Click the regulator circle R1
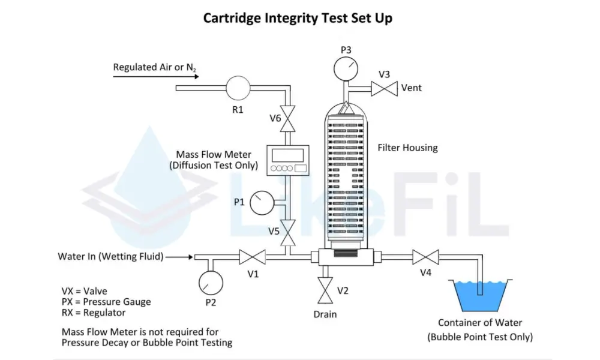(x=238, y=88)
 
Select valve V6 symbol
(x=288, y=119)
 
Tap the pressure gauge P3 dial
(x=346, y=69)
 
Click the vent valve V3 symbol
(x=385, y=89)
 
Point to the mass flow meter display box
(x=288, y=160)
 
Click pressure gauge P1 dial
(x=262, y=203)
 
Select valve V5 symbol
(x=288, y=233)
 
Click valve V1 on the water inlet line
(x=253, y=257)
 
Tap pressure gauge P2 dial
(x=211, y=283)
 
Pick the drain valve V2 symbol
(x=325, y=290)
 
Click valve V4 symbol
(x=425, y=257)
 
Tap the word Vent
(x=412, y=88)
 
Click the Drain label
(x=325, y=314)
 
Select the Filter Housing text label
(x=407, y=148)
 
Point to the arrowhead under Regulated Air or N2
(x=196, y=77)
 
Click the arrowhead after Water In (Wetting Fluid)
(x=190, y=257)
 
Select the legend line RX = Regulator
(x=94, y=313)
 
